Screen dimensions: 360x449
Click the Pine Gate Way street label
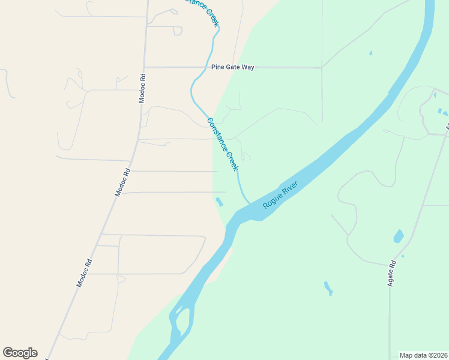232,67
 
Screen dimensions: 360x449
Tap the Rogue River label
280,196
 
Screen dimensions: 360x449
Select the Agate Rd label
392,273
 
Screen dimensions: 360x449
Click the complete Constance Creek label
223,144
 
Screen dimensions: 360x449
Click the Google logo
20,353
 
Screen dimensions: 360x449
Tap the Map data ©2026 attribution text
423,355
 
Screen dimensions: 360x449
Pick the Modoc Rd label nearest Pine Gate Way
143,88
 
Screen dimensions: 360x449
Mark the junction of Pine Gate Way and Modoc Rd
145,67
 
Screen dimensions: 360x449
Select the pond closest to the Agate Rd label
398,236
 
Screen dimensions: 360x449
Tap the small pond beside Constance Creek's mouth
218,202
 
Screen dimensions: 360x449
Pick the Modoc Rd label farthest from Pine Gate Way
84,272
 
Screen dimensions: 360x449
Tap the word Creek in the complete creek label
231,160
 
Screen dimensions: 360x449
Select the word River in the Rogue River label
289,190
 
